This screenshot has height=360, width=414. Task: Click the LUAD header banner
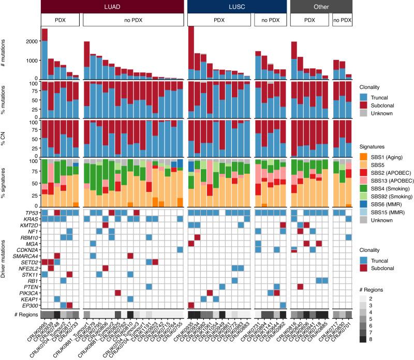[x=112, y=6]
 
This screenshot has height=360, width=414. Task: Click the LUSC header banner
[x=236, y=6]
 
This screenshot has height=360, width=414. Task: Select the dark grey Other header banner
[x=321, y=6]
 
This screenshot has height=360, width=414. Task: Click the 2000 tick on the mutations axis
[x=31, y=41]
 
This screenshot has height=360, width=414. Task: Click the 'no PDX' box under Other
[x=343, y=20]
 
